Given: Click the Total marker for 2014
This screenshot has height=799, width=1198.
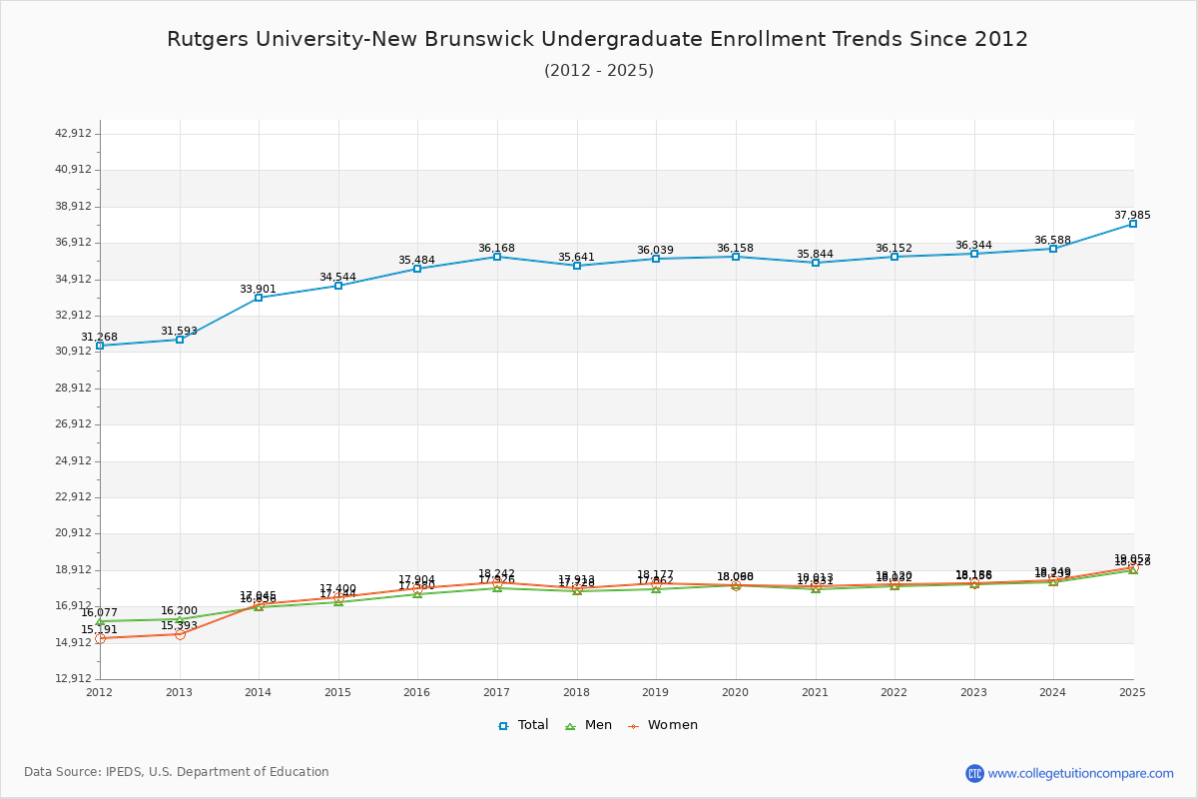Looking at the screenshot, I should [259, 298].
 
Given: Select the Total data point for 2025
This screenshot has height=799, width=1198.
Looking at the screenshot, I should [1133, 224].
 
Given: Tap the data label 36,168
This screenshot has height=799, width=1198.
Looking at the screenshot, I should [496, 248].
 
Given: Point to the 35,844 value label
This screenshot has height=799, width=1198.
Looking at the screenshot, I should [815, 254].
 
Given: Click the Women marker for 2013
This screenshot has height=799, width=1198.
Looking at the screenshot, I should [180, 634].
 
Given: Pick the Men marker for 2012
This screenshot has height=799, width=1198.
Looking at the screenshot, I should [100, 621].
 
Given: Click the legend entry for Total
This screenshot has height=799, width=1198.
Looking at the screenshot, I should [524, 725].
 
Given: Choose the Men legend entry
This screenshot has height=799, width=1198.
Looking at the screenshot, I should [589, 725].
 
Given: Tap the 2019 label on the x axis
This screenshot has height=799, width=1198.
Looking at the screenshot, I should [655, 692].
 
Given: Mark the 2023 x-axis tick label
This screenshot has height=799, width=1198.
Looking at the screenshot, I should [973, 692].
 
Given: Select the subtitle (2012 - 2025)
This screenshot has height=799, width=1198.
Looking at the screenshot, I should [599, 70].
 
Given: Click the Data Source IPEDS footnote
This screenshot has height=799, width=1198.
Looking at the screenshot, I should [177, 772].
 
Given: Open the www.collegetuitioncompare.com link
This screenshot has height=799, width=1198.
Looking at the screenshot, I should [1081, 773].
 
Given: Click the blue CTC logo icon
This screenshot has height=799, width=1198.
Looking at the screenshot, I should [974, 773].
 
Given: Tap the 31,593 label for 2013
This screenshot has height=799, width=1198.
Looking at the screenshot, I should [180, 331].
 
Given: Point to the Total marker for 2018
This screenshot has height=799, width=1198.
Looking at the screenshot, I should [577, 266].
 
